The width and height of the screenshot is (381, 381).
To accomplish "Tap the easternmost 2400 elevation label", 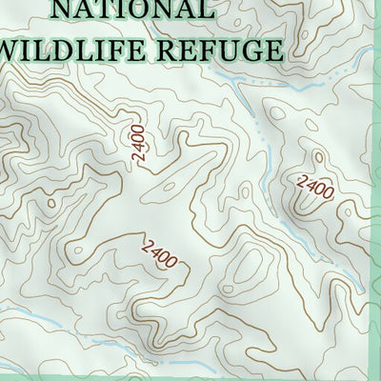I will point(315,186).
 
